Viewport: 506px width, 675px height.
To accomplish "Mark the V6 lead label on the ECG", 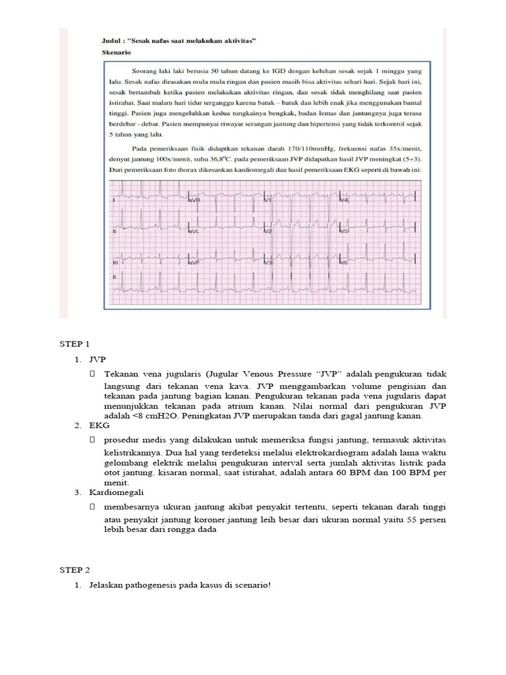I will point(343,262).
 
